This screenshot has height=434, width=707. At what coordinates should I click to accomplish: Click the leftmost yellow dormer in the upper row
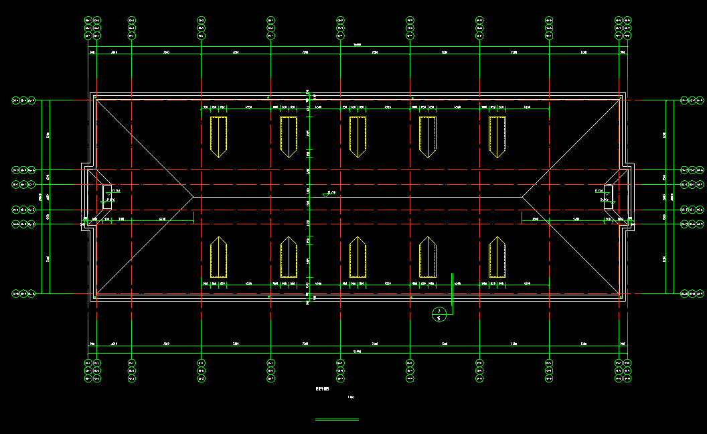[219, 136]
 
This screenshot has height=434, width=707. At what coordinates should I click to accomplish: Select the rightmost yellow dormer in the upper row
[497, 136]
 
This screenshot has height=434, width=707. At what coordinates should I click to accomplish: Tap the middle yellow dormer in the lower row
[358, 257]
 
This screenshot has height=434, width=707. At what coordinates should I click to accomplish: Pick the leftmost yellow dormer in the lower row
[219, 257]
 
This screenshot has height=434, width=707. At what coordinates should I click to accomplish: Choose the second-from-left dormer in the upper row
[289, 136]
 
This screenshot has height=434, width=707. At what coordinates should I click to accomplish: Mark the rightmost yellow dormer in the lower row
[497, 257]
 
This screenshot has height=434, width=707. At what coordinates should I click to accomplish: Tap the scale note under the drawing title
[351, 399]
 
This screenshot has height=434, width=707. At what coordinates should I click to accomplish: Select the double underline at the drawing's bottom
[337, 420]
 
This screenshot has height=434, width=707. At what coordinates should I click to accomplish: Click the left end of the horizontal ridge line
[193, 198]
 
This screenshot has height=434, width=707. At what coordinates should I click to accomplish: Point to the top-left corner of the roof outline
[93, 96]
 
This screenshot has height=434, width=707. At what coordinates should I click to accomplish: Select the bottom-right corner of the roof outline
[623, 297]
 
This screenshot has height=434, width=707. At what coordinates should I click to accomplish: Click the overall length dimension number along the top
[358, 46]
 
